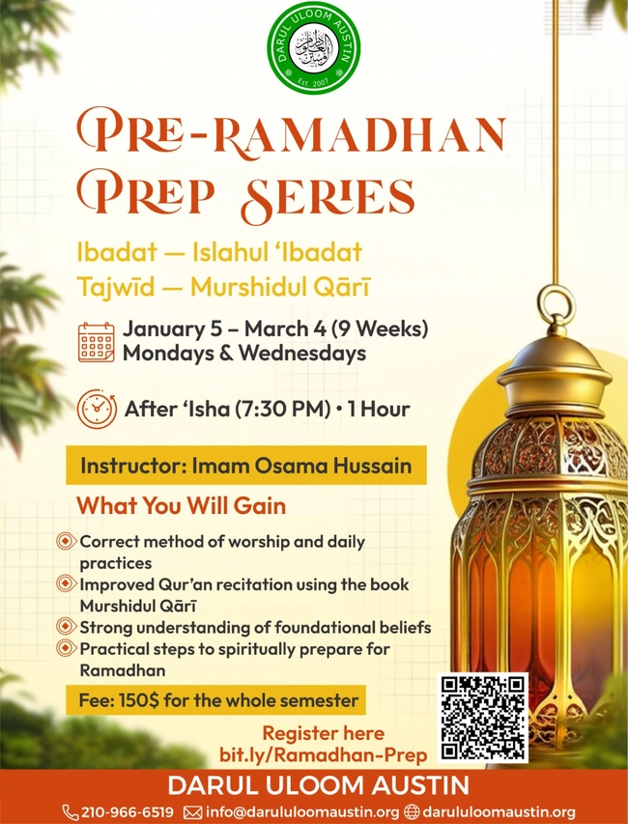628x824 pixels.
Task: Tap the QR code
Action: [x=484, y=716]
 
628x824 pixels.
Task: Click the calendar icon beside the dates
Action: [x=96, y=342]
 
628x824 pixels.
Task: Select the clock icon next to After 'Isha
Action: [x=97, y=409]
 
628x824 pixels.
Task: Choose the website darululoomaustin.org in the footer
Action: [x=499, y=811]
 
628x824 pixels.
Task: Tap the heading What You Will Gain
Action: [x=181, y=505]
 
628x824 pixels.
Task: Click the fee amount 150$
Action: [x=133, y=700]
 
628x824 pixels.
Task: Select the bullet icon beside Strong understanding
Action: [x=66, y=628]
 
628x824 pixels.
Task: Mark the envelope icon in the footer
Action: [x=191, y=811]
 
